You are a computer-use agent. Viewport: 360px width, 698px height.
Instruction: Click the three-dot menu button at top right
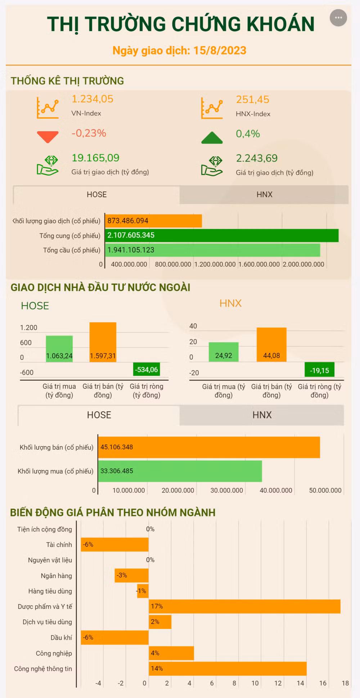pos(338,18)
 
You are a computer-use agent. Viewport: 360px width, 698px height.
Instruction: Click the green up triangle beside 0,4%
pos(212,138)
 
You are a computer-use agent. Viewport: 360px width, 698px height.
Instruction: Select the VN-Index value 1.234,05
pos(92,99)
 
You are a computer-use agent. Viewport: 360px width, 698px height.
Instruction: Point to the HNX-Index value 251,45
pos(252,100)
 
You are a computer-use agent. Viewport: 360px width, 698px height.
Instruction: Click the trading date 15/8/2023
pos(220,50)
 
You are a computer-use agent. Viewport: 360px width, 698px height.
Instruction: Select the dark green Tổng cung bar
pos(222,235)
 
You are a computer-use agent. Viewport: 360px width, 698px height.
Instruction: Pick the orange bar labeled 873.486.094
pos(153,221)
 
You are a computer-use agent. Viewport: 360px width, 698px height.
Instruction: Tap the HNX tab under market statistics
pos(264,195)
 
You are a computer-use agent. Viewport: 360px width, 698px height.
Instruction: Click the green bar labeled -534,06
pos(146,370)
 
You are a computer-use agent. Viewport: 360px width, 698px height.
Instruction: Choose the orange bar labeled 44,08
pos(271,344)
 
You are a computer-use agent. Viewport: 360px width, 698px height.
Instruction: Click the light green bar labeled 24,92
pos(224,352)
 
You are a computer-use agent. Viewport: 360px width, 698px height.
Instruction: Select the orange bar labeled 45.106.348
pos(209,447)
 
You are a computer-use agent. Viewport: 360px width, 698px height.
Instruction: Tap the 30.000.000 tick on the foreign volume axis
pos(226,490)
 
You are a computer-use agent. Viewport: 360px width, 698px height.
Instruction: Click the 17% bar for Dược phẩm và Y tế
pos(244,606)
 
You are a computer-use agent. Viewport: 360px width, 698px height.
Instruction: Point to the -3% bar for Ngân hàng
pos(131,575)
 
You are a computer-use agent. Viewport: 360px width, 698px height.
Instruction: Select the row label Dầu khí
pos(61,638)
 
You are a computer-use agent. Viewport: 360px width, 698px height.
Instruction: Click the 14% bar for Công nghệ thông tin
pos(228,668)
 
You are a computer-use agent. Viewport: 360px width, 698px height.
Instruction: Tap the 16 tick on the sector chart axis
pos(323,683)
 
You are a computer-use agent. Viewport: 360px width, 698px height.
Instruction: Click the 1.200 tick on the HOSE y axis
pos(28,327)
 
